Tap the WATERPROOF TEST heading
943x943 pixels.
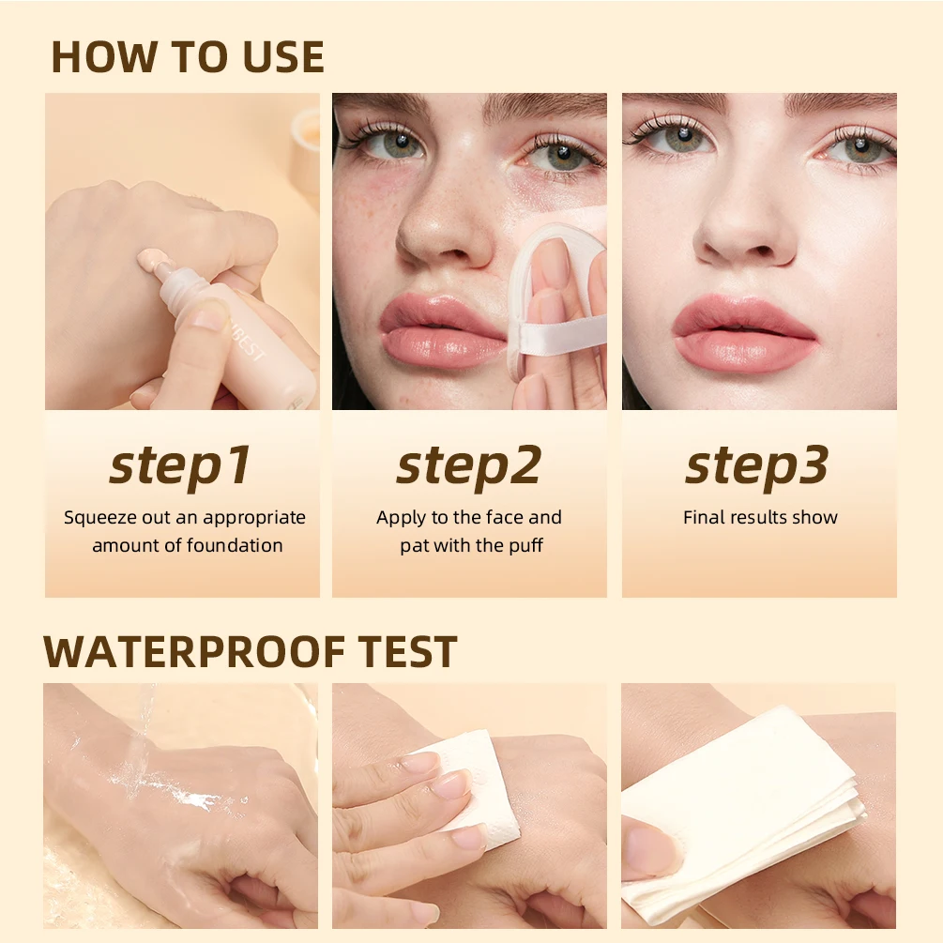(x=250, y=651)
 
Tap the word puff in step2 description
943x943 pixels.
(x=524, y=545)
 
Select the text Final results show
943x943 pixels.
(x=760, y=517)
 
